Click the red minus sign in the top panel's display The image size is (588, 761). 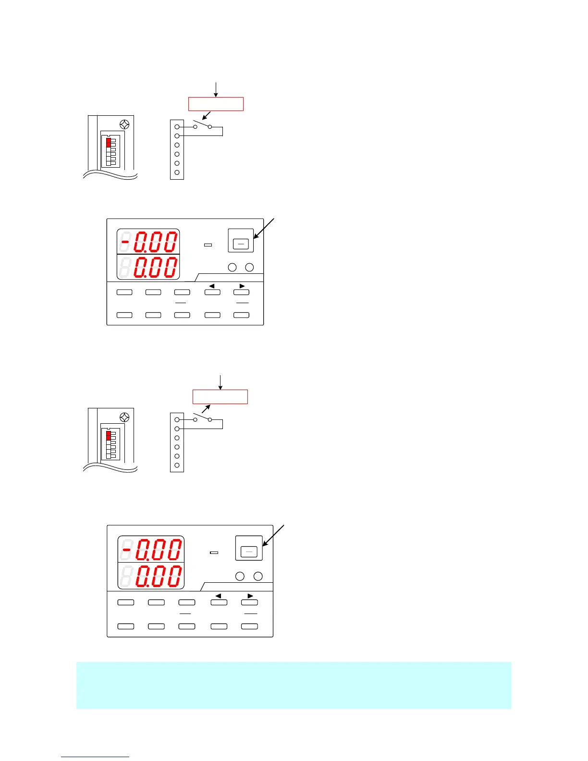[125, 242]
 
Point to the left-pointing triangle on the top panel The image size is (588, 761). [212, 286]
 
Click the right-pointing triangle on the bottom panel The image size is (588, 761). [250, 596]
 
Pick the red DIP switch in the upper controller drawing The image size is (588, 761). [109, 142]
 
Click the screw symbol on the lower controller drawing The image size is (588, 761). [124, 417]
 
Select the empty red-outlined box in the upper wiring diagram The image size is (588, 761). [216, 104]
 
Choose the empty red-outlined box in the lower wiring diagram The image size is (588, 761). [220, 396]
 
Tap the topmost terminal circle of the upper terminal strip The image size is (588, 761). [177, 127]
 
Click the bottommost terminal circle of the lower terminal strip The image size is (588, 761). [177, 465]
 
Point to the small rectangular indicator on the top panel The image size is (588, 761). [208, 245]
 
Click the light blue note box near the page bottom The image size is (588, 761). [294, 685]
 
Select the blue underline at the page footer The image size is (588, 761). [95, 757]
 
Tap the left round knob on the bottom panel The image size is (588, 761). [240, 576]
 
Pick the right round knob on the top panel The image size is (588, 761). [249, 267]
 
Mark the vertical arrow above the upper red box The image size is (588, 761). [216, 89]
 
